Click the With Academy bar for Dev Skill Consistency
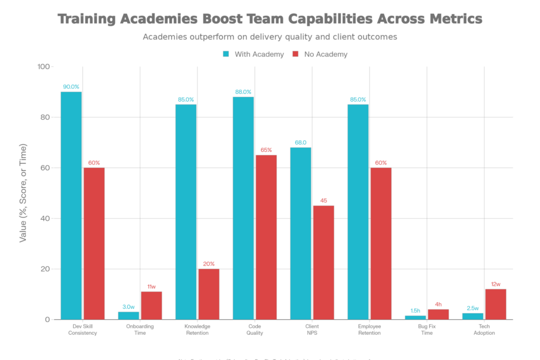click(71, 206)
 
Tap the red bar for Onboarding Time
click(151, 305)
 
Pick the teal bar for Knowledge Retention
click(186, 211)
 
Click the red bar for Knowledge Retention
click(209, 294)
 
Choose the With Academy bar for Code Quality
click(243, 208)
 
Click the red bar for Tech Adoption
click(496, 304)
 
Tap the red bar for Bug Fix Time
click(438, 314)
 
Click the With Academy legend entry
click(254, 54)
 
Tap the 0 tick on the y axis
click(47, 320)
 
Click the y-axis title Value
click(23, 193)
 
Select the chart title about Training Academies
click(269, 20)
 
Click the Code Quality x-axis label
click(255, 329)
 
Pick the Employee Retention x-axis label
click(369, 329)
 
